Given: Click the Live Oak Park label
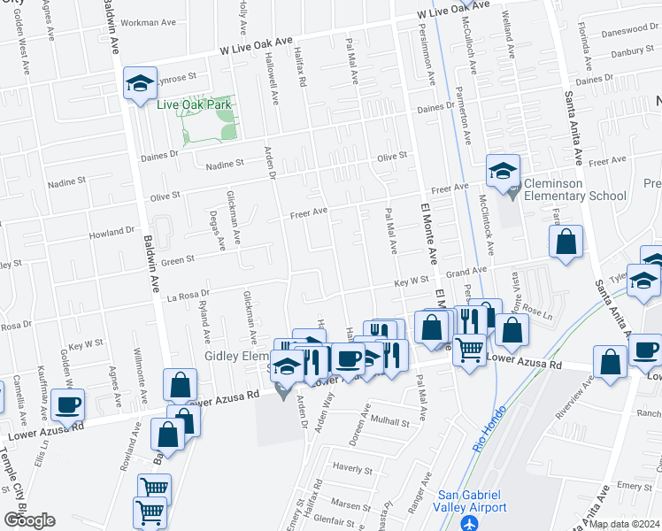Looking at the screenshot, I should pyautogui.click(x=194, y=104).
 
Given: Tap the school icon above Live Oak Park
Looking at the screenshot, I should pyautogui.click(x=139, y=85).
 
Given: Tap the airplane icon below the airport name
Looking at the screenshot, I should pyautogui.click(x=471, y=521).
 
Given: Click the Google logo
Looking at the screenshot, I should pyautogui.click(x=29, y=520).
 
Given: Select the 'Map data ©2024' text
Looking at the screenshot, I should pyautogui.click(x=623, y=524).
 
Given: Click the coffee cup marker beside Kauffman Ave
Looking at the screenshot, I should pyautogui.click(x=68, y=405).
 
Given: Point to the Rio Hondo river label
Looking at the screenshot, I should pyautogui.click(x=485, y=433).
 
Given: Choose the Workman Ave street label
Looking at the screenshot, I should pyautogui.click(x=153, y=21).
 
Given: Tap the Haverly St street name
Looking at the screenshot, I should pyautogui.click(x=351, y=466).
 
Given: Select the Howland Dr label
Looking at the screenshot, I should pyautogui.click(x=110, y=235).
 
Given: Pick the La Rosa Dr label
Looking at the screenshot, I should pyautogui.click(x=189, y=295).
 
